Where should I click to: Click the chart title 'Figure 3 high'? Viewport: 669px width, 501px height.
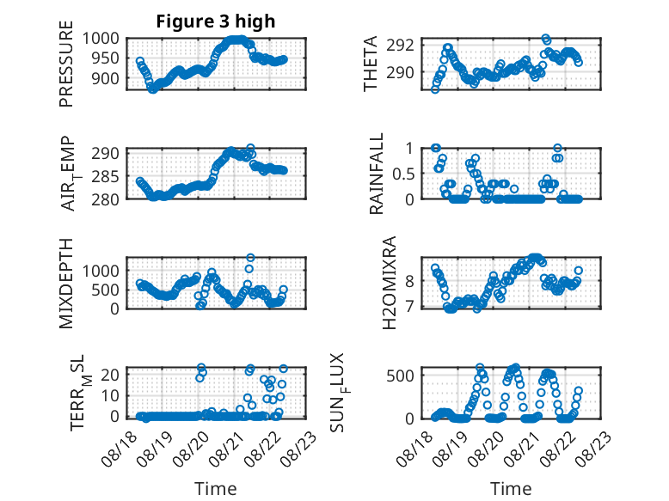pos(216,21)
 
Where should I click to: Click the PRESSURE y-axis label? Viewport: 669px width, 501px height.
pos(66,64)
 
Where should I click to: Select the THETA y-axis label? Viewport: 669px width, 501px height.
pos(371,64)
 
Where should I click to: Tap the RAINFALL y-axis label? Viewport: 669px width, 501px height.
pos(377,174)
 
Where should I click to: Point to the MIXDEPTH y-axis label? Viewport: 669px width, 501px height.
pos(66,284)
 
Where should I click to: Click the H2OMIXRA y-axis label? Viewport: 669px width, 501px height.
pos(390,283)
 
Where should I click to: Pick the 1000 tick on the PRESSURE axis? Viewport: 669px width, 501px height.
pos(101,39)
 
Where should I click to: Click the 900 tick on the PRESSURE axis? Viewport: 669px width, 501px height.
pos(106,78)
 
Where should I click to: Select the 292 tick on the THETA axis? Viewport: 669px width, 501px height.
pos(400,46)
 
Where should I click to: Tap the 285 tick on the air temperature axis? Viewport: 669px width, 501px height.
pos(106,176)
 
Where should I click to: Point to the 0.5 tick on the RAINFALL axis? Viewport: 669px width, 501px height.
pos(403,174)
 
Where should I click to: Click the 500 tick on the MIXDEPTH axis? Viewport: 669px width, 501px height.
pos(106,290)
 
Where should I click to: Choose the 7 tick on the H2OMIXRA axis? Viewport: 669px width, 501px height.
pos(409,307)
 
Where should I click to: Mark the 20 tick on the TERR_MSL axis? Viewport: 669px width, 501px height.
pos(110,375)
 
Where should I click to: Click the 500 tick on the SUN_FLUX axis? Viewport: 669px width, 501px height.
pos(400,376)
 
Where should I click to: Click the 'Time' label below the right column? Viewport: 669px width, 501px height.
pos(511,489)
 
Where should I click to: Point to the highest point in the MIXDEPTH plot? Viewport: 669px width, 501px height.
pos(250,258)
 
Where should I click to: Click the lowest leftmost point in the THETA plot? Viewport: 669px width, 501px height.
pos(435,89)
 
